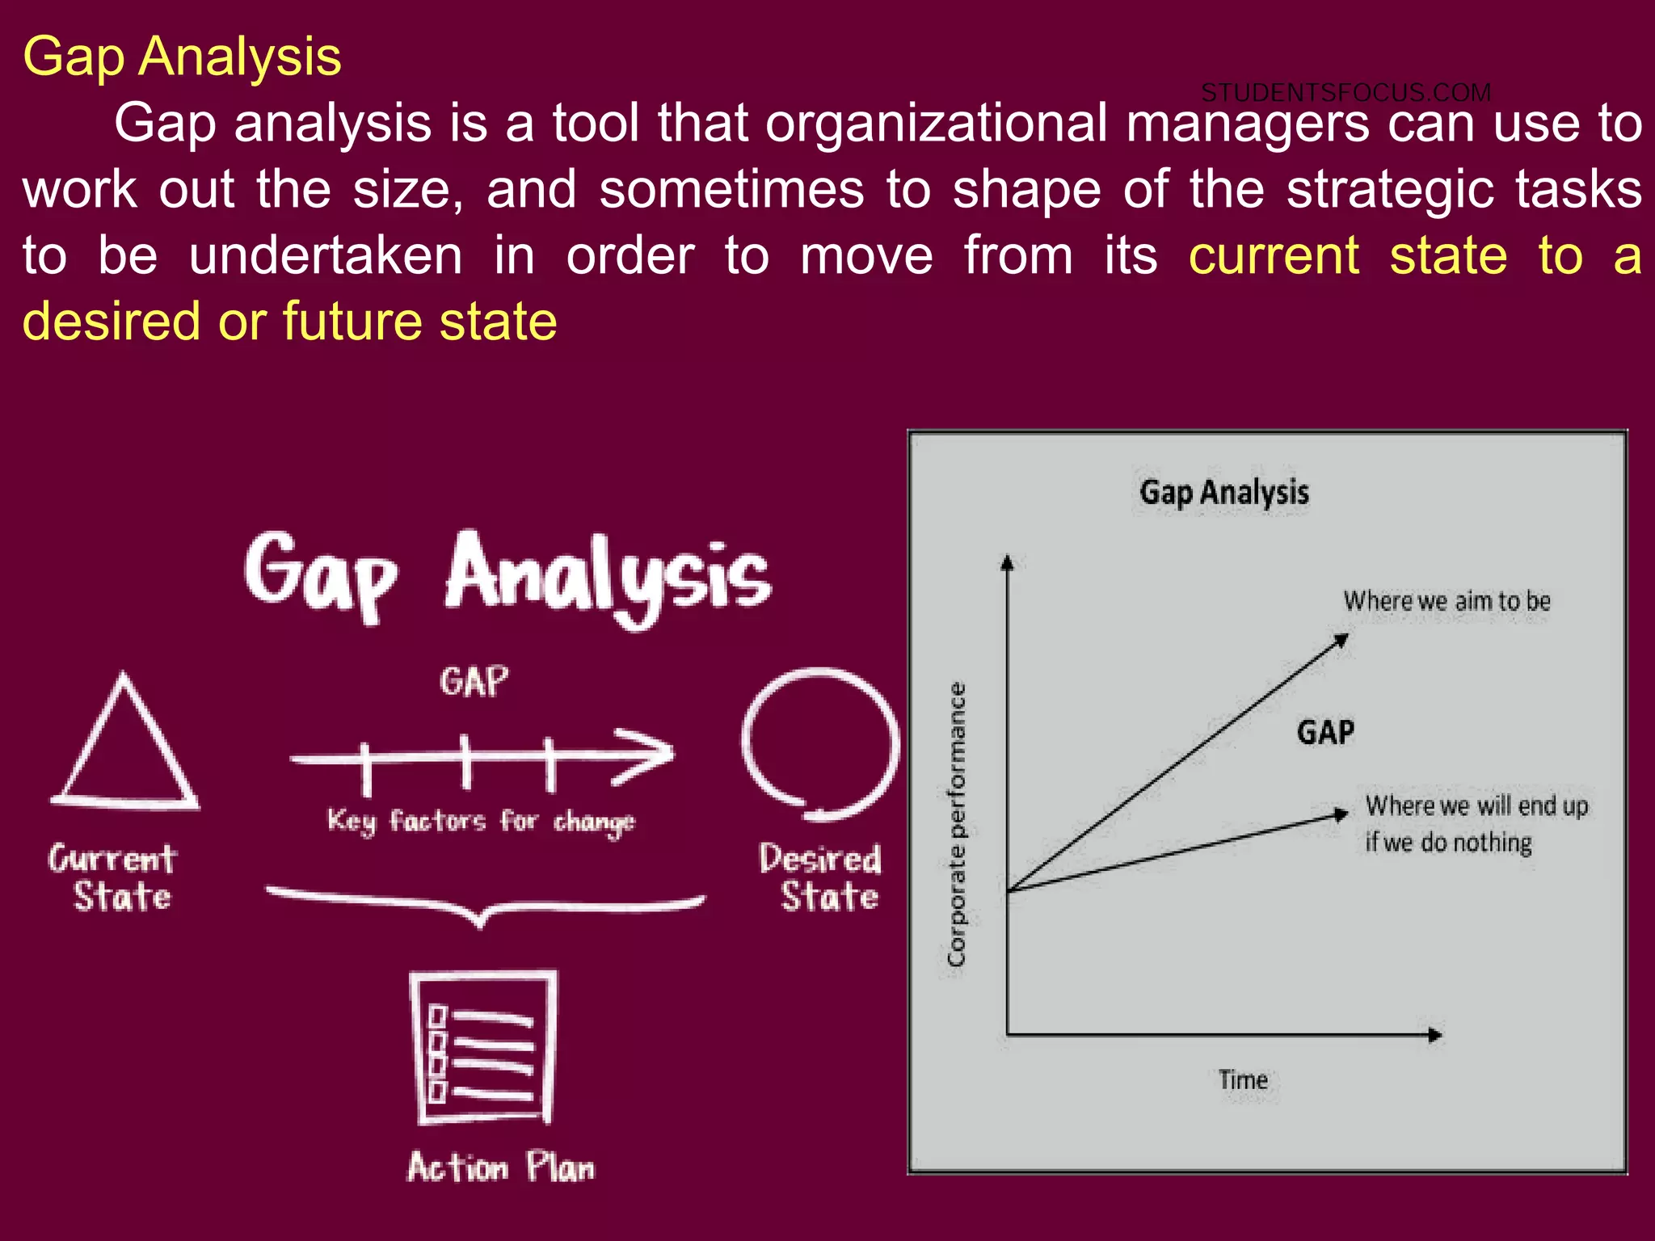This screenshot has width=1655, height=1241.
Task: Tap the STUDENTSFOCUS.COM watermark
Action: pyautogui.click(x=1345, y=93)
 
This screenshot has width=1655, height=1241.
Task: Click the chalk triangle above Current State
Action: pyautogui.click(x=125, y=747)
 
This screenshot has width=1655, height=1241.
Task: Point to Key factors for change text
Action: pyautogui.click(x=481, y=822)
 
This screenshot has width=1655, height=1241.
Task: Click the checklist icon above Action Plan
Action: pyautogui.click(x=483, y=1047)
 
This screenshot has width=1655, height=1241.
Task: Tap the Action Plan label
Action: pyautogui.click(x=501, y=1167)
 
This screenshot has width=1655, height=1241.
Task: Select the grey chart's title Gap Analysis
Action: pyautogui.click(x=1223, y=492)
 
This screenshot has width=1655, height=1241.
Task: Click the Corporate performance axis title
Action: pyautogui.click(x=956, y=824)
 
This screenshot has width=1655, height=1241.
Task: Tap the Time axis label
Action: pyautogui.click(x=1243, y=1080)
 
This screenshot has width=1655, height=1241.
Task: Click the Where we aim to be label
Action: pyautogui.click(x=1447, y=601)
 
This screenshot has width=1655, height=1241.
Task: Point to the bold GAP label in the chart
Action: pyautogui.click(x=1325, y=732)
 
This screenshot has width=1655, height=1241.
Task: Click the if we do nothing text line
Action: pyautogui.click(x=1448, y=843)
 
